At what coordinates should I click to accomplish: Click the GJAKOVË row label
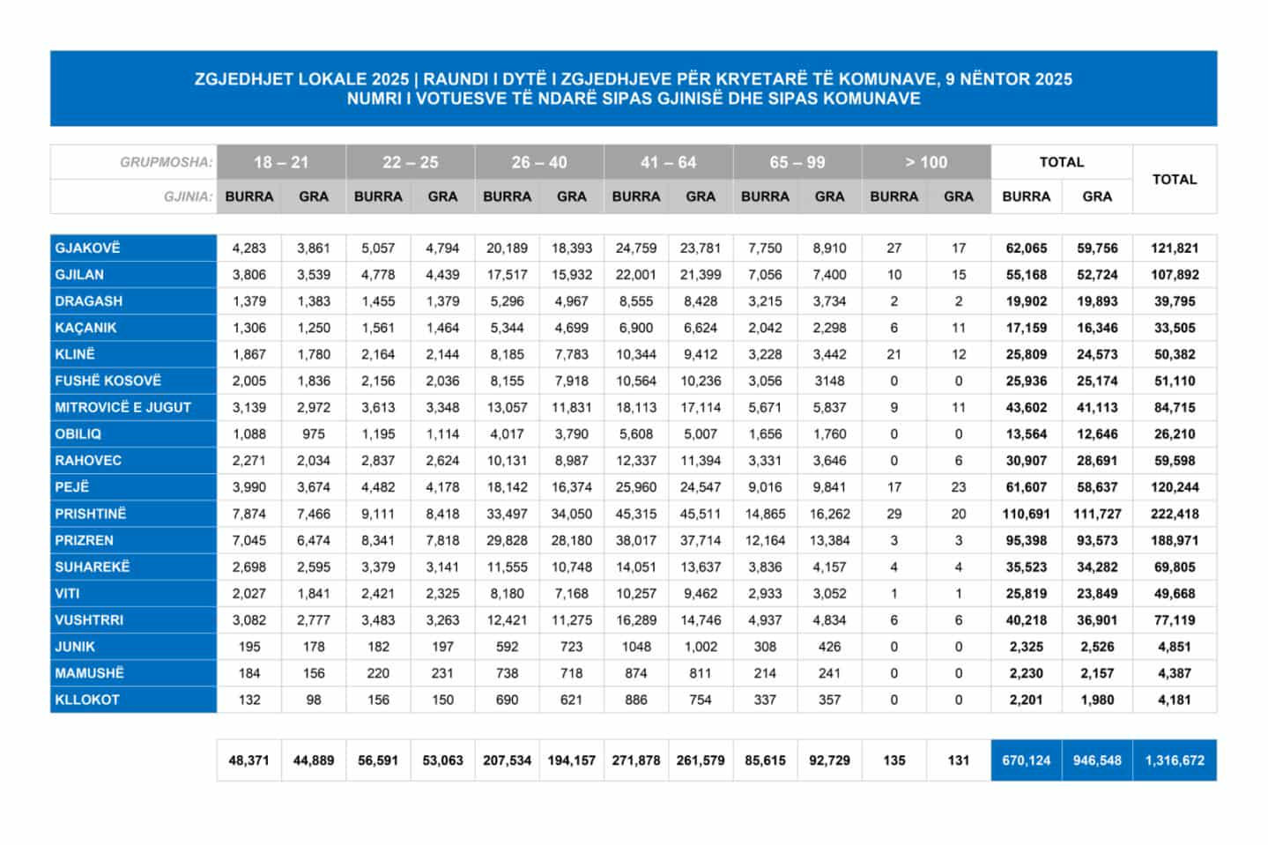pyautogui.click(x=87, y=248)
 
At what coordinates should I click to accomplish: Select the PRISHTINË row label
pyautogui.click(x=91, y=514)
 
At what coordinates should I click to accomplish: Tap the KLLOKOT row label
pyautogui.click(x=87, y=700)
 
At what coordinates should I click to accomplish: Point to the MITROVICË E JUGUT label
pyautogui.click(x=122, y=407)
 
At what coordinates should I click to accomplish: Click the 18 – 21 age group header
pyautogui.click(x=281, y=162)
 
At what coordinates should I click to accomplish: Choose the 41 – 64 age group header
pyautogui.click(x=668, y=162)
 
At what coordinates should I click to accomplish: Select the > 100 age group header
pyautogui.click(x=926, y=162)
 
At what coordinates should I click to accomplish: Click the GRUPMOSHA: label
pyautogui.click(x=166, y=162)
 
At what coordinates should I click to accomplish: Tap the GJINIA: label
pyautogui.click(x=188, y=196)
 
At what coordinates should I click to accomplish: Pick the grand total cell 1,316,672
pyautogui.click(x=1175, y=760)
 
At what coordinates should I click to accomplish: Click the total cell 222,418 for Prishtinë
pyautogui.click(x=1175, y=514)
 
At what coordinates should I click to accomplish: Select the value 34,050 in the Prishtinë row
pyautogui.click(x=571, y=514)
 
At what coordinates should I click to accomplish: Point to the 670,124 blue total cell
pyautogui.click(x=1027, y=760)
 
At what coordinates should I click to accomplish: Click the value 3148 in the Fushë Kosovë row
pyautogui.click(x=829, y=381)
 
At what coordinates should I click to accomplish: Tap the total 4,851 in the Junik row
pyautogui.click(x=1175, y=647)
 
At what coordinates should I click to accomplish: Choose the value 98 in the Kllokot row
pyautogui.click(x=314, y=700)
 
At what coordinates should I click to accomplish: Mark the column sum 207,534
pyautogui.click(x=507, y=760)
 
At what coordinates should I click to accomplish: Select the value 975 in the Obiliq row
pyautogui.click(x=314, y=434)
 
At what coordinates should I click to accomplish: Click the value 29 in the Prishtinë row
pyautogui.click(x=894, y=514)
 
